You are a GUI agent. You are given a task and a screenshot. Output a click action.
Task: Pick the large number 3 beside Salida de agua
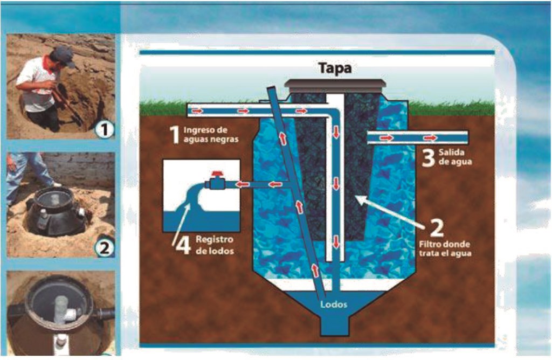coord(428,158)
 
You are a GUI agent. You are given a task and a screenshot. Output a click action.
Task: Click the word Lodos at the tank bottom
coord(330,304)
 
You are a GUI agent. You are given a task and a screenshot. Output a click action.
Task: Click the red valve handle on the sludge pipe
coord(217,175)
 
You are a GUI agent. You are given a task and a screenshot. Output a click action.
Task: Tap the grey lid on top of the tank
coord(336,86)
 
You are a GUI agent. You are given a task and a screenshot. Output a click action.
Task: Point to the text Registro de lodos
coord(214,246)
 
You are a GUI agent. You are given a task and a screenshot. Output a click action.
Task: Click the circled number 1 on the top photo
coord(104,130)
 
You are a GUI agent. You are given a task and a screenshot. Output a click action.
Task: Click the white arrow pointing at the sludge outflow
coord(181,221)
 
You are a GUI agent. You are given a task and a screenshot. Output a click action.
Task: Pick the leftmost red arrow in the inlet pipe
coord(197,111)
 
